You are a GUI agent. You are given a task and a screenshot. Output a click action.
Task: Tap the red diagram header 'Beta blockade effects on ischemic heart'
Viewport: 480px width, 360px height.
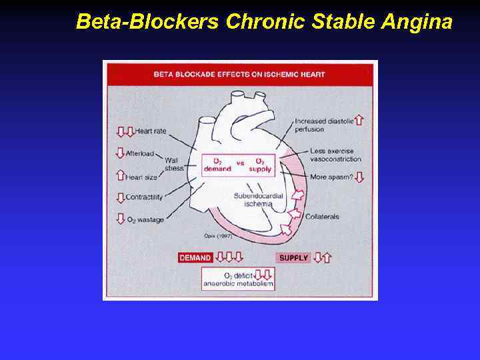click(239, 74)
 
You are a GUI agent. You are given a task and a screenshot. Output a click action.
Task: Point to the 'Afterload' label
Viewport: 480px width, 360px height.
click(141, 153)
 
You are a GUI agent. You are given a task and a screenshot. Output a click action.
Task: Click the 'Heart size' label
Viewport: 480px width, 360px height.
click(142, 177)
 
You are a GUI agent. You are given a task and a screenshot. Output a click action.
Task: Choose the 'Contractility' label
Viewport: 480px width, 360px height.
click(145, 197)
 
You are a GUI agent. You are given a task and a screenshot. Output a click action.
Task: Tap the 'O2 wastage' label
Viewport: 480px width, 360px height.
click(145, 219)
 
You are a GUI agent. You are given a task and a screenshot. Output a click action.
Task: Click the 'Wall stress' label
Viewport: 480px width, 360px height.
click(174, 164)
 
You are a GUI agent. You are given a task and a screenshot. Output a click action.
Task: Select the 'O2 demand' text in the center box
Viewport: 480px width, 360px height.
click(217, 165)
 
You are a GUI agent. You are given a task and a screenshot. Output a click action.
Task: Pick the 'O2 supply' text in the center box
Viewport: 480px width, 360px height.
click(259, 165)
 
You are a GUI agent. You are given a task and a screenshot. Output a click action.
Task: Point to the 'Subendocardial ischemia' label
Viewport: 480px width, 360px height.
click(253, 199)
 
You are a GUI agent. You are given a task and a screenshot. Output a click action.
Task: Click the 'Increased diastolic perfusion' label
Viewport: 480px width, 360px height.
click(323, 125)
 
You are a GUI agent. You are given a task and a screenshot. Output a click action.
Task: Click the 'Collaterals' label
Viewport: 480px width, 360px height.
click(322, 217)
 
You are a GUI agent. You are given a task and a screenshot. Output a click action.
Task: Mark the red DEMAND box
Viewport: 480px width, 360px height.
click(195, 257)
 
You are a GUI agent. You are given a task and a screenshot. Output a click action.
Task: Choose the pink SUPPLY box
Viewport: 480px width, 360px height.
click(293, 257)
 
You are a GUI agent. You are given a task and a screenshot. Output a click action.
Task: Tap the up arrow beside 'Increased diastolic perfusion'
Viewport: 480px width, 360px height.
click(359, 120)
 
